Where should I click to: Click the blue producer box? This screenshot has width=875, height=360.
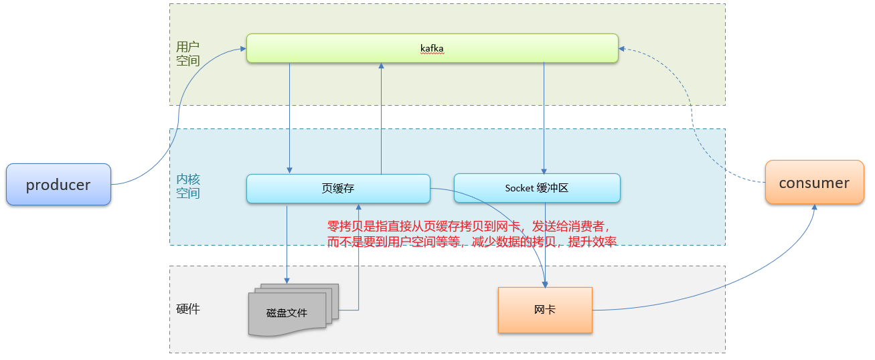(58, 185)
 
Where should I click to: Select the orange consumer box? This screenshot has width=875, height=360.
(814, 183)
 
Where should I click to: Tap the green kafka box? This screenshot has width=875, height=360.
(432, 48)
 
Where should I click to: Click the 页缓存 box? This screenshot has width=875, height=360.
(338, 189)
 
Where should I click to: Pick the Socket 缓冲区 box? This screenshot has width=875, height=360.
(537, 189)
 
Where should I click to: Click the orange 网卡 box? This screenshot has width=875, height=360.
(545, 310)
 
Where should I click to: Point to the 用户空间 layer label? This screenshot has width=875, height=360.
(187, 54)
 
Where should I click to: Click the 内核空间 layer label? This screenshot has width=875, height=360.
(188, 187)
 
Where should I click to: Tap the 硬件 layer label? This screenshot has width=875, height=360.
(187, 309)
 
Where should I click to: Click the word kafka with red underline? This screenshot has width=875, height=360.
(432, 49)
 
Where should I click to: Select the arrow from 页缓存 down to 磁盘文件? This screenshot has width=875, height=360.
(287, 241)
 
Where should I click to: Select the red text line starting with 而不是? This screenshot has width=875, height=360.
(471, 242)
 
